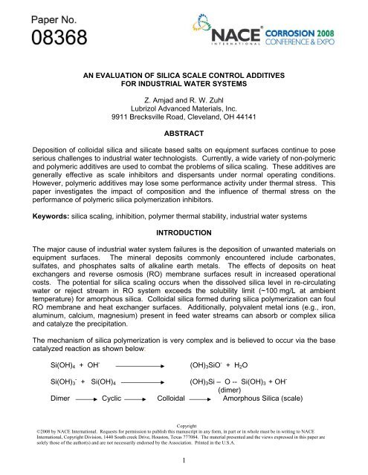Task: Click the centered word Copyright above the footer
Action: click(184, 426)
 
